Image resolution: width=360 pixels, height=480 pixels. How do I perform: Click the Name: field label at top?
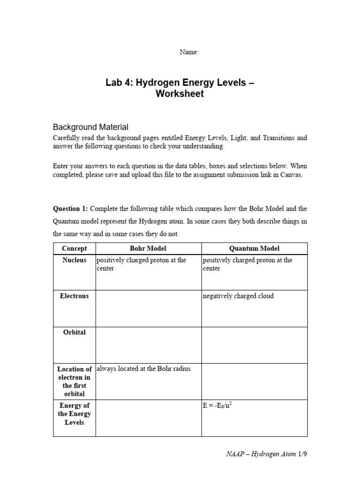tap(189, 52)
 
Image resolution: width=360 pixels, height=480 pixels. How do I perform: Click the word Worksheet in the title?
tap(180, 94)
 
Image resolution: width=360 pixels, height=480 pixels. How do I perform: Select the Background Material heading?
tap(90, 127)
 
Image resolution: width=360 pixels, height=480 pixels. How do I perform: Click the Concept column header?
tap(75, 248)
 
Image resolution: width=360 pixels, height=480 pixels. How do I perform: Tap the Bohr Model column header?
tap(148, 248)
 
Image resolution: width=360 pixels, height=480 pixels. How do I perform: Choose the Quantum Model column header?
tap(255, 248)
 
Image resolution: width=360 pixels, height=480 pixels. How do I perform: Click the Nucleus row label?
tap(75, 260)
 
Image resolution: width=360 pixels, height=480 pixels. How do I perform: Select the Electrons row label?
tap(75, 296)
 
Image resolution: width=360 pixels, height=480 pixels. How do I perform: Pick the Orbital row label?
tap(75, 332)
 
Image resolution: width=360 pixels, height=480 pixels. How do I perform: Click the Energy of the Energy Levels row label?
tap(75, 414)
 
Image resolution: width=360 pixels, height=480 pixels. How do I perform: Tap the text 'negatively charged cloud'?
tap(238, 296)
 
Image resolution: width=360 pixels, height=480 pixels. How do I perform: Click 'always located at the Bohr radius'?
tap(143, 369)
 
